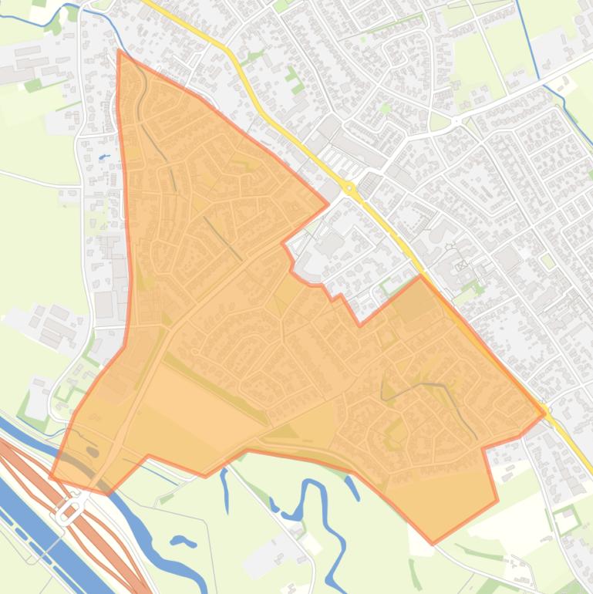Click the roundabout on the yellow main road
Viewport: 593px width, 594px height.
[x=349, y=187]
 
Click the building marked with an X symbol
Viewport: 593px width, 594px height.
[x=460, y=266]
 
